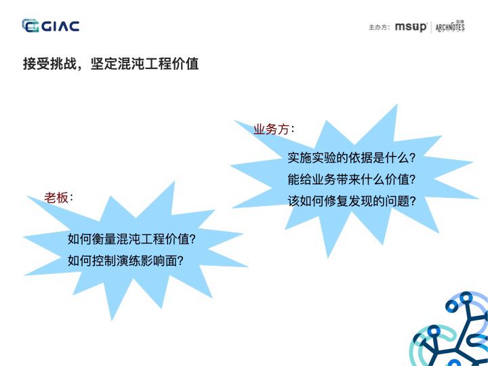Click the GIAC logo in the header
51,26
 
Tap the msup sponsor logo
411,27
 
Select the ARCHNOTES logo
450,27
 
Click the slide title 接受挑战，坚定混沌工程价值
110,64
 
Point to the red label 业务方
271,129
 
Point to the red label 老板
56,197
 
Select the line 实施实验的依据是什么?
351,157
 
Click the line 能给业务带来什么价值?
351,180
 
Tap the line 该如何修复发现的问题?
351,201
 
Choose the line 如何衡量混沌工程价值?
131,239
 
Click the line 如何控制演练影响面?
125,260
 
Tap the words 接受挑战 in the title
45,64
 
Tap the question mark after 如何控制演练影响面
180,260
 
